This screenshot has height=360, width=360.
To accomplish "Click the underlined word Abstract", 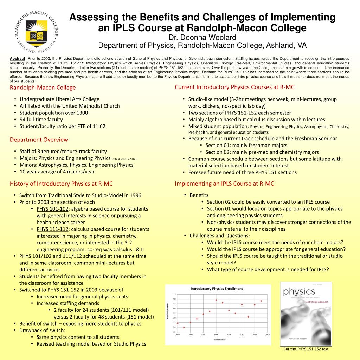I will click(x=17, y=58).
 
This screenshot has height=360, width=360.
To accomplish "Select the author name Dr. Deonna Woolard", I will click(x=202, y=38).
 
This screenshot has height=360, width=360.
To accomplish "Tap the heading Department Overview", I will click(x=39, y=140).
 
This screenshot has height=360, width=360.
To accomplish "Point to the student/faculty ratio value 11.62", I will click(x=99, y=126).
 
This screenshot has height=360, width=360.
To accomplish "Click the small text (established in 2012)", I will click(x=124, y=159).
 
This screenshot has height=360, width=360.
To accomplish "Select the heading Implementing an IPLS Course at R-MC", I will click(x=224, y=184).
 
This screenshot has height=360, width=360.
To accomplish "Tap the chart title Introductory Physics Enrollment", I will click(x=217, y=289).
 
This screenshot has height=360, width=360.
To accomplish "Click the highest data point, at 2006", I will click(x=216, y=300).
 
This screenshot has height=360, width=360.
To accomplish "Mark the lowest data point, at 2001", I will click(x=184, y=327).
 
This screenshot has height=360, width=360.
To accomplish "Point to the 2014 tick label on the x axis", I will click(x=267, y=335).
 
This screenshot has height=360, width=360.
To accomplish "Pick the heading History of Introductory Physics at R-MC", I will click(x=61, y=184).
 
